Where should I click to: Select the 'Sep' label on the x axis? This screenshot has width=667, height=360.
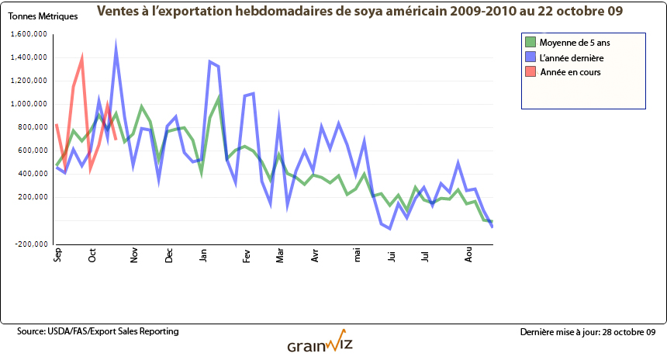[57, 257]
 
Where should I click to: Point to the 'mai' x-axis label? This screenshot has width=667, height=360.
[357, 256]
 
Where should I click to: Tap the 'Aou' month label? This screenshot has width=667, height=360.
[468, 257]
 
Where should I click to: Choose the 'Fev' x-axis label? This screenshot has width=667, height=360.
[247, 257]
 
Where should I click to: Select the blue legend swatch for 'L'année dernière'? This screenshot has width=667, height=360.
[530, 57]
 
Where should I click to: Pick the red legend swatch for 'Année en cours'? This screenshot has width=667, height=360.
[530, 71]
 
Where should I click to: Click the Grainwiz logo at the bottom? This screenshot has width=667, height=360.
[321, 344]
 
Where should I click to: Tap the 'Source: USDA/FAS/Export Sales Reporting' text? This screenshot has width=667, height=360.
[98, 331]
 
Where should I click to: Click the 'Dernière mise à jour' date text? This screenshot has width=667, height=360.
[588, 332]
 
